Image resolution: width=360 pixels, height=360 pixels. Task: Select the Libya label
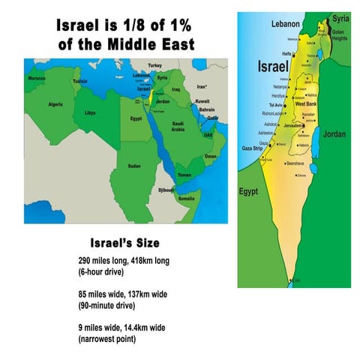click(x=90, y=112)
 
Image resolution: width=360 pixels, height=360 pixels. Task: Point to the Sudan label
click(x=134, y=166)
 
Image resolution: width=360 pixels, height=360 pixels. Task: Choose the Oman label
click(x=211, y=156)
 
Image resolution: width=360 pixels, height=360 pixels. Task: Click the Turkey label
click(x=155, y=65)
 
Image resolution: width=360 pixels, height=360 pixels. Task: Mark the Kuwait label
click(x=202, y=100)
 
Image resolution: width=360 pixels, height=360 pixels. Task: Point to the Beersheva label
click(x=293, y=163)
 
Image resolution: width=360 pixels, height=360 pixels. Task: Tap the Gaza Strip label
click(x=250, y=149)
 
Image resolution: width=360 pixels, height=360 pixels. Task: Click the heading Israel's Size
click(x=124, y=244)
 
